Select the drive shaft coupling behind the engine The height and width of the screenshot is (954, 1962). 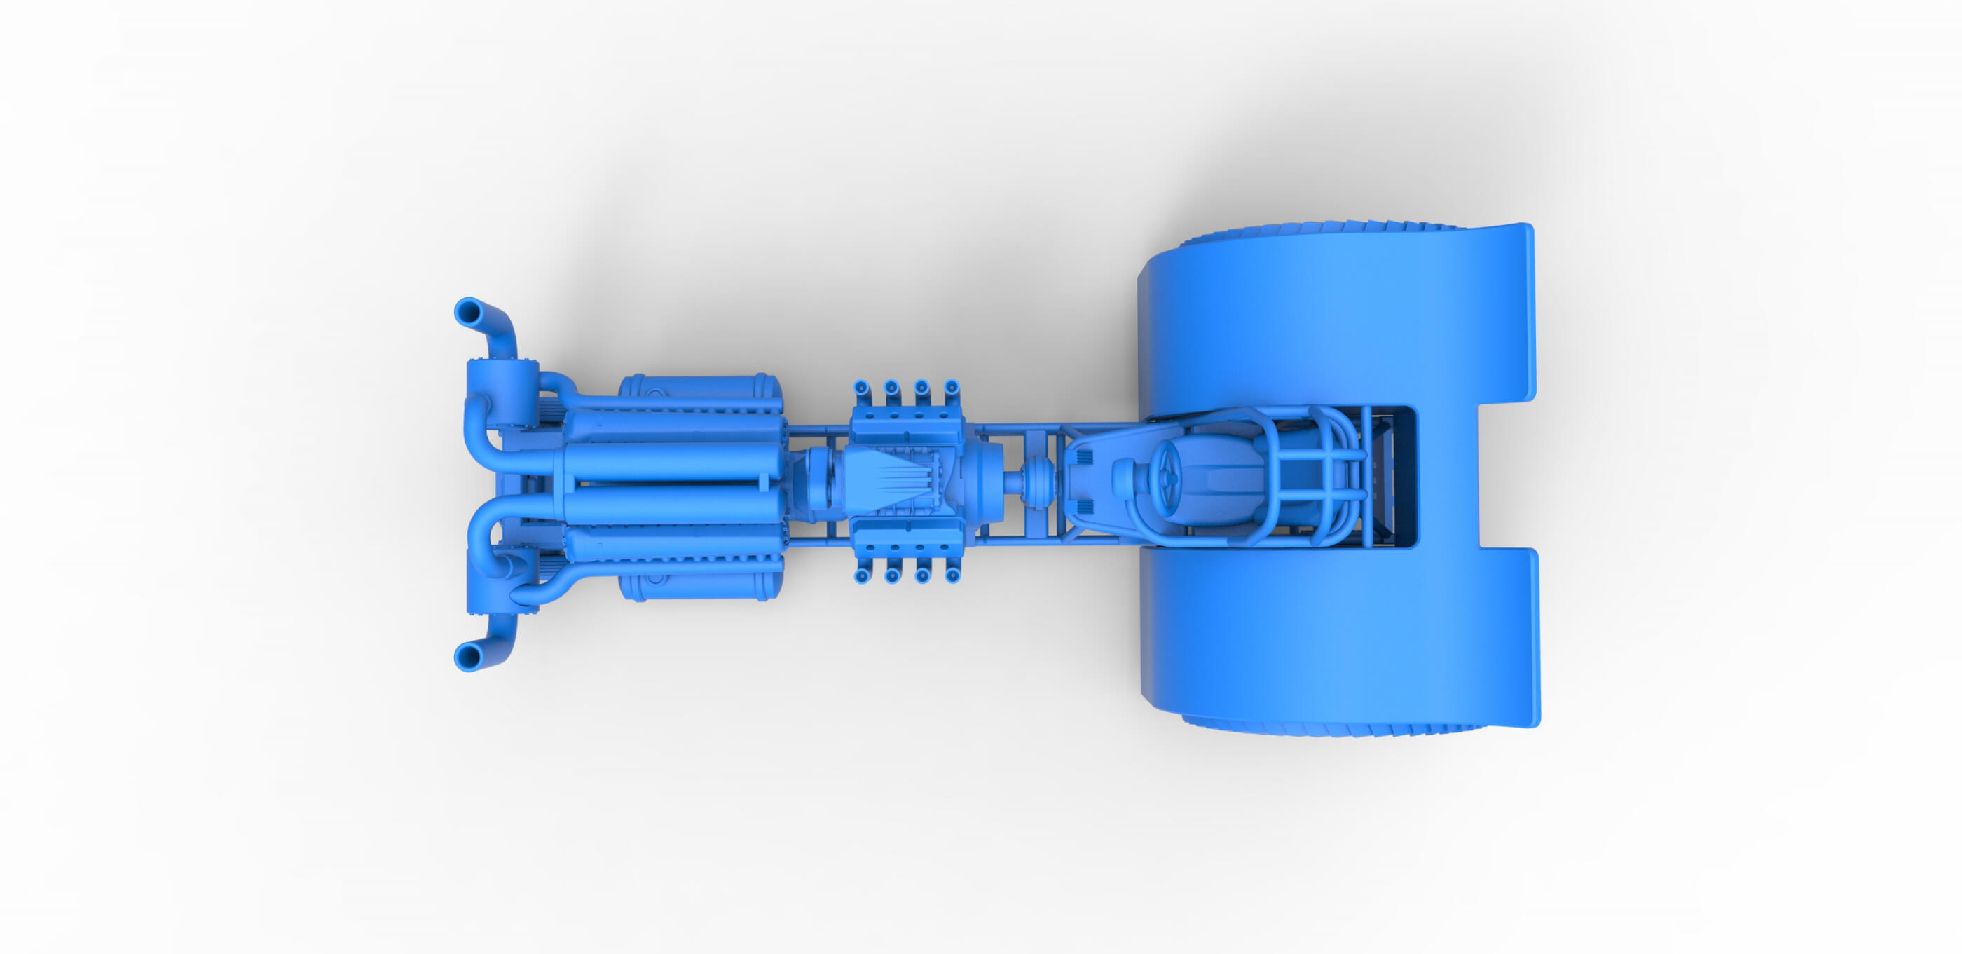tap(1036, 482)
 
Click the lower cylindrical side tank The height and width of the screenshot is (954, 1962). tap(701, 583)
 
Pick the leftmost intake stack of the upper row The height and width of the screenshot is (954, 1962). tap(861, 389)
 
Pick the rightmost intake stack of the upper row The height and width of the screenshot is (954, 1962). tap(952, 388)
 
